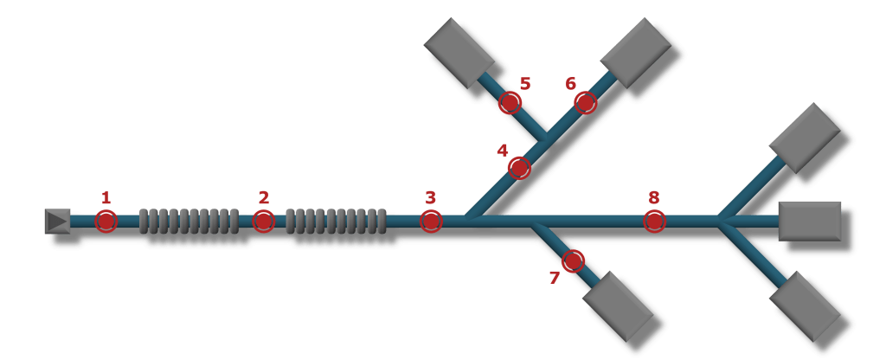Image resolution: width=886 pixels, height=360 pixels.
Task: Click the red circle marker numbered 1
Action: (x=106, y=221)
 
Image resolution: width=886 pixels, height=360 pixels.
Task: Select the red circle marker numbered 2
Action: (x=264, y=221)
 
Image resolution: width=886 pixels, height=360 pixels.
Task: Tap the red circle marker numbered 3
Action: (x=431, y=221)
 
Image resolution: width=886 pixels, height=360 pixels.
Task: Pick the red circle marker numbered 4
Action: (x=519, y=167)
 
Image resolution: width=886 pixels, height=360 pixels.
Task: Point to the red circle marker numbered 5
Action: (x=510, y=103)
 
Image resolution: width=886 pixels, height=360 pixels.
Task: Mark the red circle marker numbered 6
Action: (x=586, y=103)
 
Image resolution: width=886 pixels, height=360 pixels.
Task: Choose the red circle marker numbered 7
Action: (x=573, y=260)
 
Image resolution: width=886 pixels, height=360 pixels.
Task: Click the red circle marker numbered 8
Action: (x=655, y=221)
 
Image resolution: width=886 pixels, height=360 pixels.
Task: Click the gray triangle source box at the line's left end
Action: (x=57, y=221)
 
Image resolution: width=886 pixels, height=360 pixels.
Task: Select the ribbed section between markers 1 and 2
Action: (x=189, y=221)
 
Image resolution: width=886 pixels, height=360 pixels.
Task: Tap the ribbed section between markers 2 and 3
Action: (x=335, y=221)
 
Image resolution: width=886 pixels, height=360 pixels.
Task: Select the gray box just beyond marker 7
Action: (x=618, y=305)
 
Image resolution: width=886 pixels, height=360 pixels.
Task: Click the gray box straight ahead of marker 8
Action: (x=810, y=221)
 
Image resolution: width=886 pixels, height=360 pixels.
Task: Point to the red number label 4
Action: (x=502, y=150)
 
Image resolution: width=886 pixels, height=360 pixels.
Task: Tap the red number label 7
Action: (x=555, y=278)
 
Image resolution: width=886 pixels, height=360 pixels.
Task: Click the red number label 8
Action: (x=654, y=197)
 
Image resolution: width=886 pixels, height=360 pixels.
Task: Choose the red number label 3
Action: (x=430, y=197)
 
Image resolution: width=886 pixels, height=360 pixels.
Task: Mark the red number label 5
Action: (x=524, y=84)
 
